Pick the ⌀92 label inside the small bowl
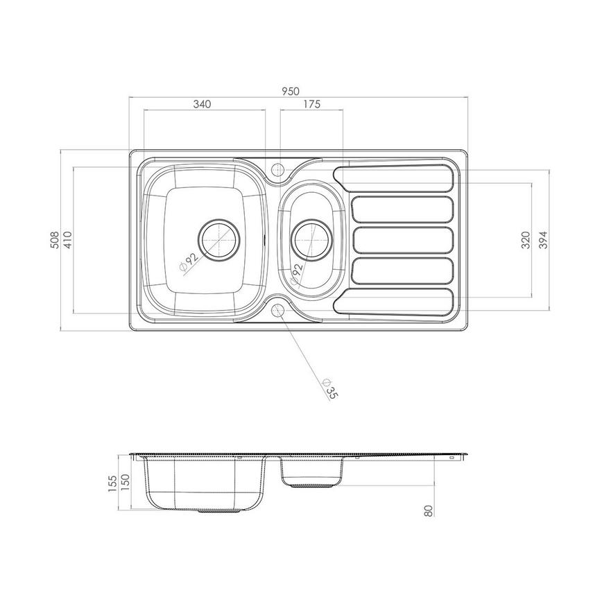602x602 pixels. click(296, 273)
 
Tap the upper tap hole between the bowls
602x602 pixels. click(277, 169)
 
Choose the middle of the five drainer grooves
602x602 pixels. click(403, 240)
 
